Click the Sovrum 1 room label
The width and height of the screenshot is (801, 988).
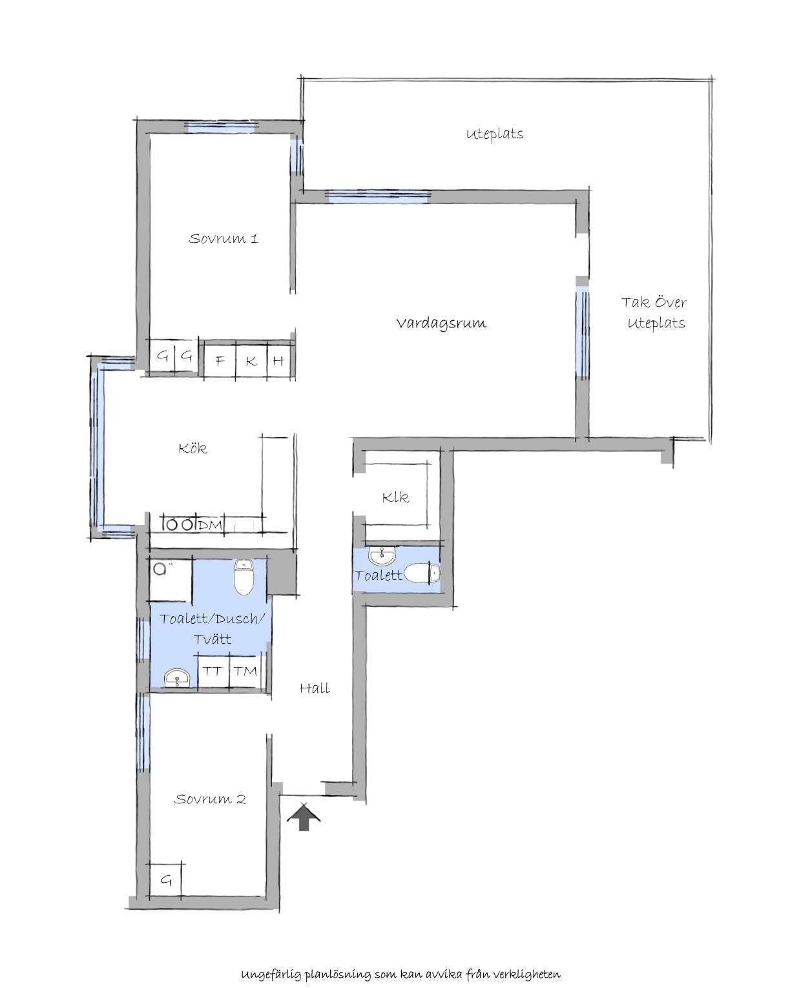224,238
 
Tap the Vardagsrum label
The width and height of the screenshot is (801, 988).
441,323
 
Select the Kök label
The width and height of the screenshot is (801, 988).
192,448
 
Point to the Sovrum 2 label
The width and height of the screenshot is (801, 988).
210,799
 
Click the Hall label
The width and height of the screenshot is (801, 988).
315,688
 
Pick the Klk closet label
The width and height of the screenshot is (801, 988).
395,497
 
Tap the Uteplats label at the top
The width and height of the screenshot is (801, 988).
495,134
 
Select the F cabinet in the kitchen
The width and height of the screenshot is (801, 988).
220,361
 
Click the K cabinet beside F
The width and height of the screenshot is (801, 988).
251,361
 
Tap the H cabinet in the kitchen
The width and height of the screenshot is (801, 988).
280,361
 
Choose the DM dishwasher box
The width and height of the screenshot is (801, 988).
210,524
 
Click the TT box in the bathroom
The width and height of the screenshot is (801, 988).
213,671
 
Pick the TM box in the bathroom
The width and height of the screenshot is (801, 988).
245,671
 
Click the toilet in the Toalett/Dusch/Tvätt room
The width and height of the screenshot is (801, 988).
243,577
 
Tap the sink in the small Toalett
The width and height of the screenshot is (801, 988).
382,556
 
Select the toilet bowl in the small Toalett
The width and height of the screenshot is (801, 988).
422,573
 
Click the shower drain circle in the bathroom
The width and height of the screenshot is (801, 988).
160,569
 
